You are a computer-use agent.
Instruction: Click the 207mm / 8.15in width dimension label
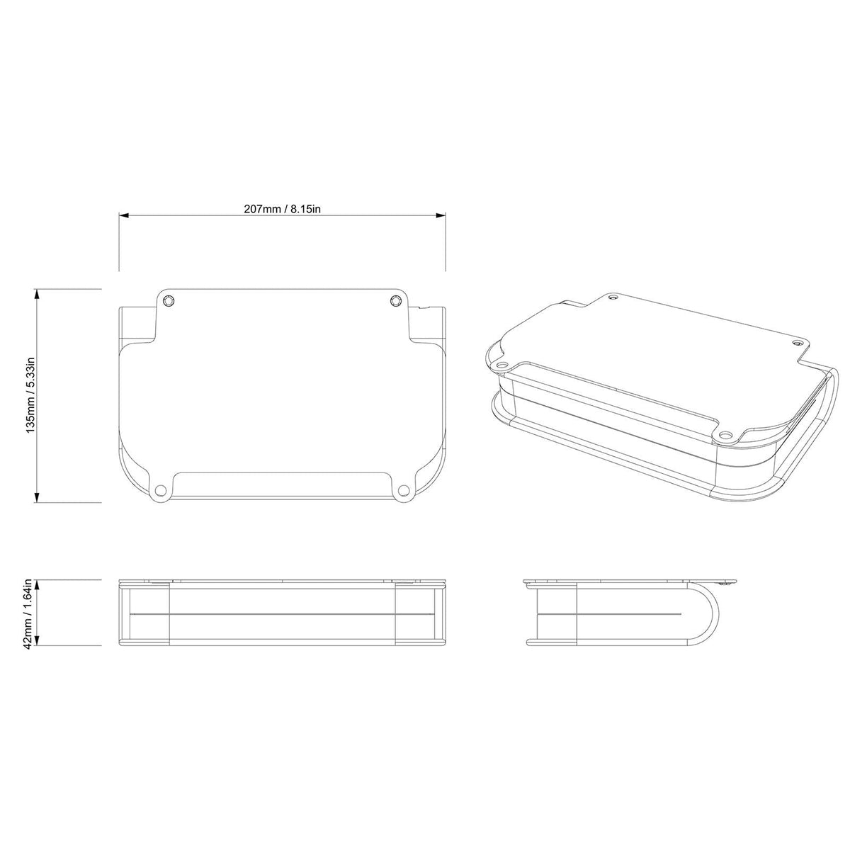pos(282,208)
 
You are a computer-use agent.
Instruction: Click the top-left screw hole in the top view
pos(167,302)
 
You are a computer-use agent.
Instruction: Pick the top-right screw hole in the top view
pos(395,302)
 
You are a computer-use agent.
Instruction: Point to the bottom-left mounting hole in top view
pos(161,489)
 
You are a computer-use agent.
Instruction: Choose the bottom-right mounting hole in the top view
pos(404,489)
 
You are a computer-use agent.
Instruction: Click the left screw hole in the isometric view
pos(502,364)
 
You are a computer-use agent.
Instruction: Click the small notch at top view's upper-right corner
pos(425,308)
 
